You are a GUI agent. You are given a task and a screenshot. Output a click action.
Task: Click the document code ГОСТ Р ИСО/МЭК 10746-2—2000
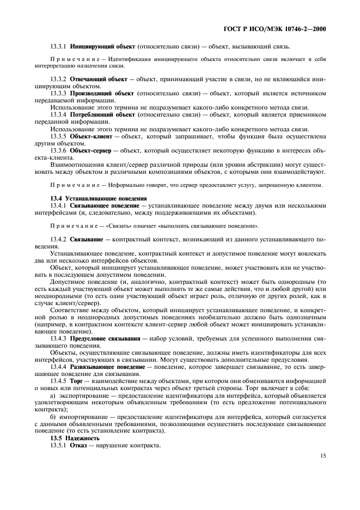(283, 29)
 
